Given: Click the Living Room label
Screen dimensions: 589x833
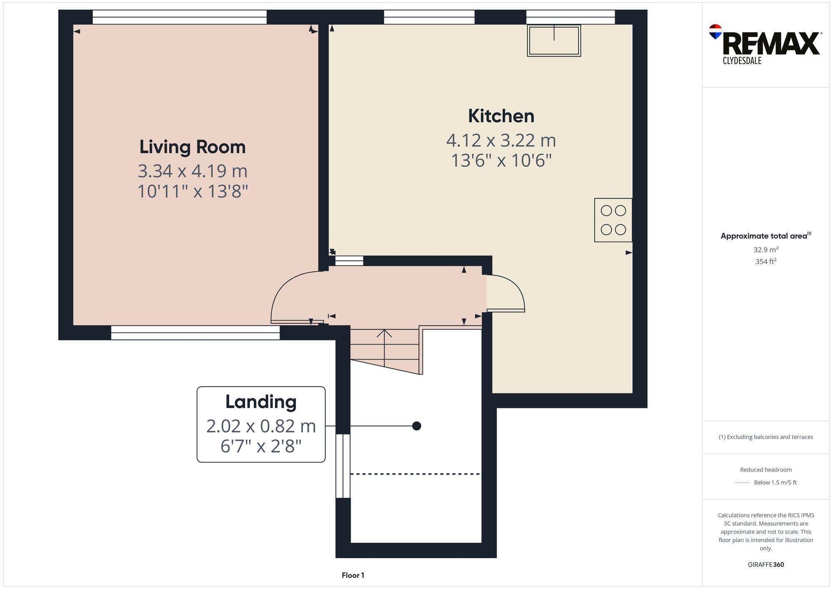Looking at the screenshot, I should [192, 147].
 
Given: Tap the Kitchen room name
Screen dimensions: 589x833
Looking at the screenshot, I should [501, 116].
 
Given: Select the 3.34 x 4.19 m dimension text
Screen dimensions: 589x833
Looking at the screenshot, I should [192, 171].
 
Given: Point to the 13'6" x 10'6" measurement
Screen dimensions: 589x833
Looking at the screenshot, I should [501, 160].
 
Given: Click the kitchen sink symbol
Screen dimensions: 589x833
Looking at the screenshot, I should [554, 40].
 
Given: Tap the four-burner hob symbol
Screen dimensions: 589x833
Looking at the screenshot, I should [613, 220].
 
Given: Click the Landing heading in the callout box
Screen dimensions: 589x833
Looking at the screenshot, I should [261, 402].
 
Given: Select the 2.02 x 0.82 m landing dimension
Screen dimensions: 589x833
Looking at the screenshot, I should [261, 426].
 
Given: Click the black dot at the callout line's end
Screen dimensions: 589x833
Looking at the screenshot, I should [416, 426].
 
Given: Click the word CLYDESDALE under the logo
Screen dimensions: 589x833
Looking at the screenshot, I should [742, 61].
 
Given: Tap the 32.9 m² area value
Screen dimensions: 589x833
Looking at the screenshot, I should [766, 250].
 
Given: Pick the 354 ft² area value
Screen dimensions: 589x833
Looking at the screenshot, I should [766, 261].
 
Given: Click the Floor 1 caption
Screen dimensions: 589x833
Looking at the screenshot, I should [353, 575].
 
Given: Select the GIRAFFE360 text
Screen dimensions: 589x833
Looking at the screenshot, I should [766, 564].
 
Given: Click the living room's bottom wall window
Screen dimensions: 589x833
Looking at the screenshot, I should [195, 333].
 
